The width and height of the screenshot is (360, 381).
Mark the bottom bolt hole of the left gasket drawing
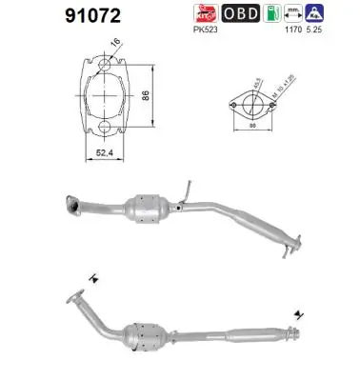[100, 126]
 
